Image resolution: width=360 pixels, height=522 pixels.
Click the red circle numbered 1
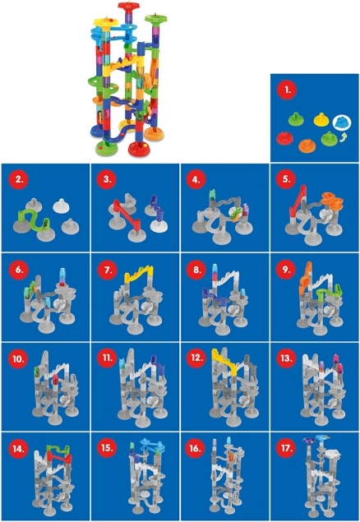point(287,90)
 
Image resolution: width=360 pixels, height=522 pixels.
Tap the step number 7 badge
point(108,270)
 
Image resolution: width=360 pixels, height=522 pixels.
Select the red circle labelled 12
point(196,358)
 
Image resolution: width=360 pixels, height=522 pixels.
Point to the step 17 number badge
point(286,448)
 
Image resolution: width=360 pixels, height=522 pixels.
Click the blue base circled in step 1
point(342,122)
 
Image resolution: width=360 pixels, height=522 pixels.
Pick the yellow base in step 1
point(321,119)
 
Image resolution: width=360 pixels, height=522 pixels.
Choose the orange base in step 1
point(307,145)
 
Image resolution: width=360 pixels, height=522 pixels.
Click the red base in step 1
point(284,138)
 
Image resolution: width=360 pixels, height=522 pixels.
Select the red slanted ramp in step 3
point(127,214)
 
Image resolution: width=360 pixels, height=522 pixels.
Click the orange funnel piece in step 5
point(332,201)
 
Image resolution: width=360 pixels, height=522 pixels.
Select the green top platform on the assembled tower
point(155,17)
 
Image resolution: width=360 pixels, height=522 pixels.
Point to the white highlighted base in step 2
point(61,206)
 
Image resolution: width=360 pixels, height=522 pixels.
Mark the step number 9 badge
point(286,270)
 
